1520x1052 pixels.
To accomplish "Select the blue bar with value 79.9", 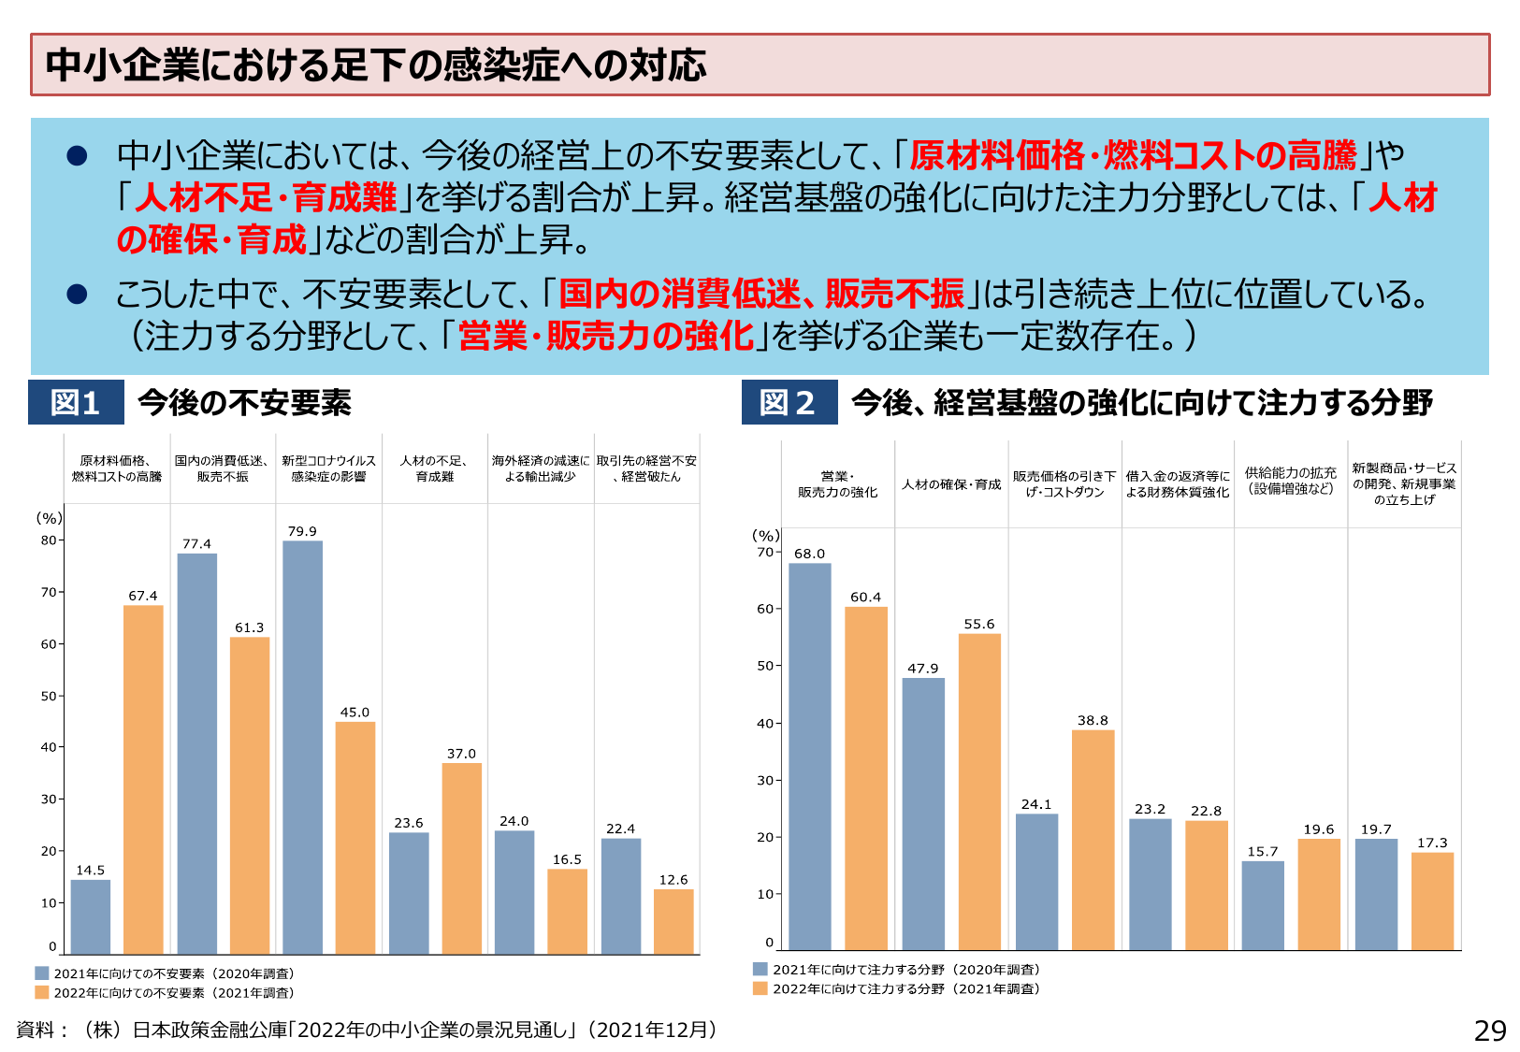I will [x=302, y=747].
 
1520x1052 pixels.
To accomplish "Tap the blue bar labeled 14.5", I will [x=91, y=916].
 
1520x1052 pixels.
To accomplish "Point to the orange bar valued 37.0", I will [x=462, y=857].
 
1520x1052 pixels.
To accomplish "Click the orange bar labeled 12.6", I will [x=673, y=921].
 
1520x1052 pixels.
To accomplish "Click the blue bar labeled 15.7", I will [x=1263, y=904].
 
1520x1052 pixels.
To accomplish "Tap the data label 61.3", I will [x=250, y=627].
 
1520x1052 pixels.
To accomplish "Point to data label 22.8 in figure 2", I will [x=1207, y=811].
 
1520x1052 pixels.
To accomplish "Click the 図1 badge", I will [x=76, y=403].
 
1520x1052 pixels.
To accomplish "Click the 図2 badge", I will [x=789, y=403].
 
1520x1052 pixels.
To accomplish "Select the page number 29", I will [x=1490, y=1030].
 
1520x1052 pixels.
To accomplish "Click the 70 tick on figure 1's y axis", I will [x=49, y=592].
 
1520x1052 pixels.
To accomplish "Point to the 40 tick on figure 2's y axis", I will [x=765, y=723].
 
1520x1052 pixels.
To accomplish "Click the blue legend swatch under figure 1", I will [x=42, y=973].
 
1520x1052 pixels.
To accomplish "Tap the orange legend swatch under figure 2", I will [x=760, y=988].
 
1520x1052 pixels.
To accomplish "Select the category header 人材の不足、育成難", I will [x=434, y=468].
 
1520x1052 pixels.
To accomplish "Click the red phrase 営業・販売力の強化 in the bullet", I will [x=605, y=336].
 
